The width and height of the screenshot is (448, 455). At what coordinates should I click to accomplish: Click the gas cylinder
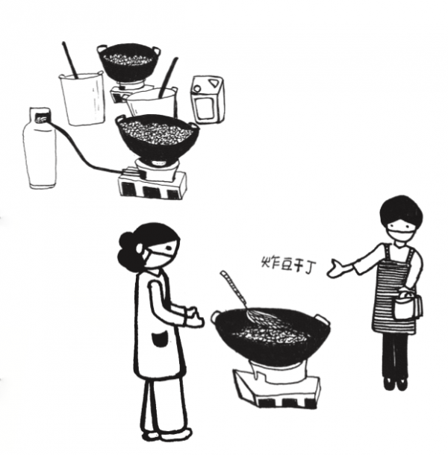tap(40, 148)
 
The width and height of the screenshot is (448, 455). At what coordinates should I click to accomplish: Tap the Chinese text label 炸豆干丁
tap(287, 265)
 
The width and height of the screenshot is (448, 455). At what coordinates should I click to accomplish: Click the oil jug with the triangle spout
tap(208, 99)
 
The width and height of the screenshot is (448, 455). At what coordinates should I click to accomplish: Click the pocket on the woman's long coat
tap(160, 339)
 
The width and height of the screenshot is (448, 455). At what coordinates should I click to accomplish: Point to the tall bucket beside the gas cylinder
tap(83, 99)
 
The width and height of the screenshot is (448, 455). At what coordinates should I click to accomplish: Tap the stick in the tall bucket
tap(70, 60)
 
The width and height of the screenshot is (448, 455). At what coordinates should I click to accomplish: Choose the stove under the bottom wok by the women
tap(279, 383)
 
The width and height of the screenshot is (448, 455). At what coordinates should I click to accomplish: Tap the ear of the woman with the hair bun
tap(140, 248)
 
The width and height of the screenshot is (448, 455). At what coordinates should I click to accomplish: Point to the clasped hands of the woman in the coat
tap(193, 317)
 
